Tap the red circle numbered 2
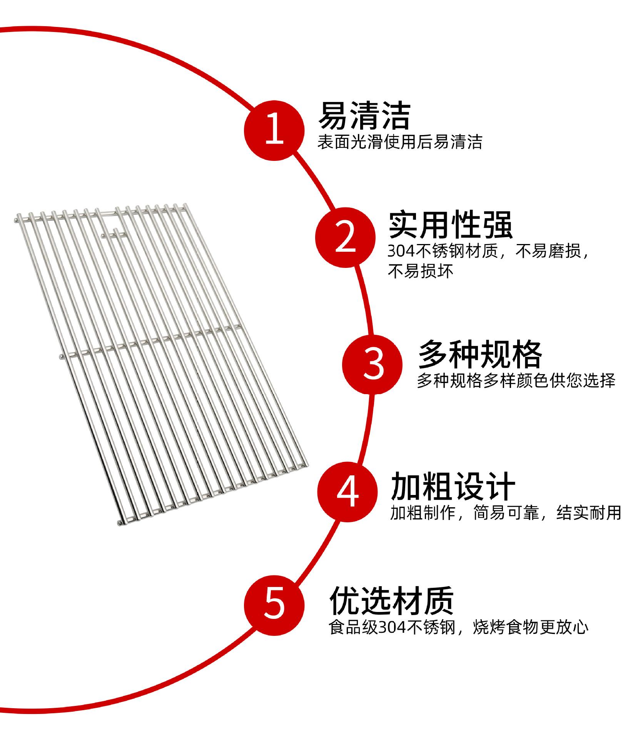[345, 237]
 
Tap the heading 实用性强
[450, 225]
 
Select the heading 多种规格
[480, 354]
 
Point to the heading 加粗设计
[453, 487]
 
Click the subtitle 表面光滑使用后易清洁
[399, 142]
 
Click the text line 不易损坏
[421, 271]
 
